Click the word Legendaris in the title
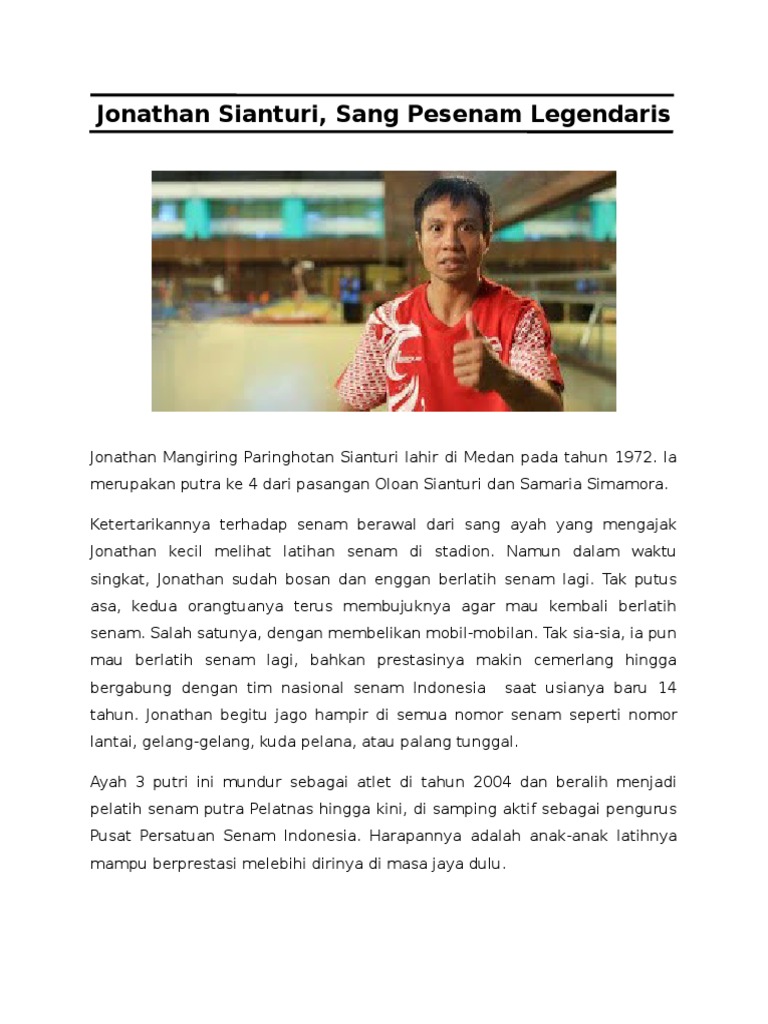coord(599,115)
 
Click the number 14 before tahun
coord(668,688)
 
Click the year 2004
coord(492,781)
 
